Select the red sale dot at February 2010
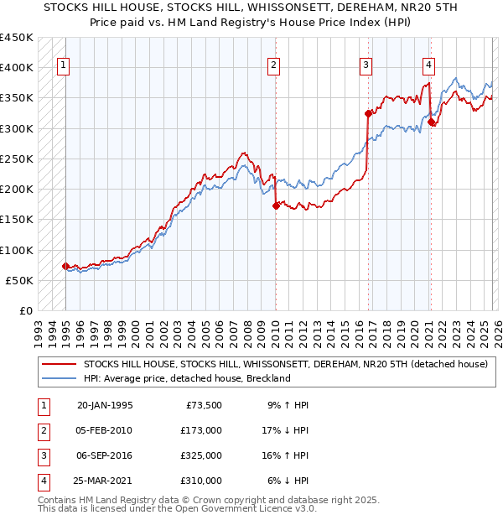[x=275, y=205]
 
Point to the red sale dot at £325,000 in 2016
[x=367, y=113]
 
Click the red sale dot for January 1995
[x=65, y=266]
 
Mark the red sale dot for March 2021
[x=431, y=122]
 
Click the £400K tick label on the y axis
[x=17, y=68]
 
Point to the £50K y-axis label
[x=20, y=280]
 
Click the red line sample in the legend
[x=58, y=364]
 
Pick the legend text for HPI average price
[x=186, y=378]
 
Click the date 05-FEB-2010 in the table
[x=104, y=430]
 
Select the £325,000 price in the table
[x=201, y=455]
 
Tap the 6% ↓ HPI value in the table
[x=288, y=481]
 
